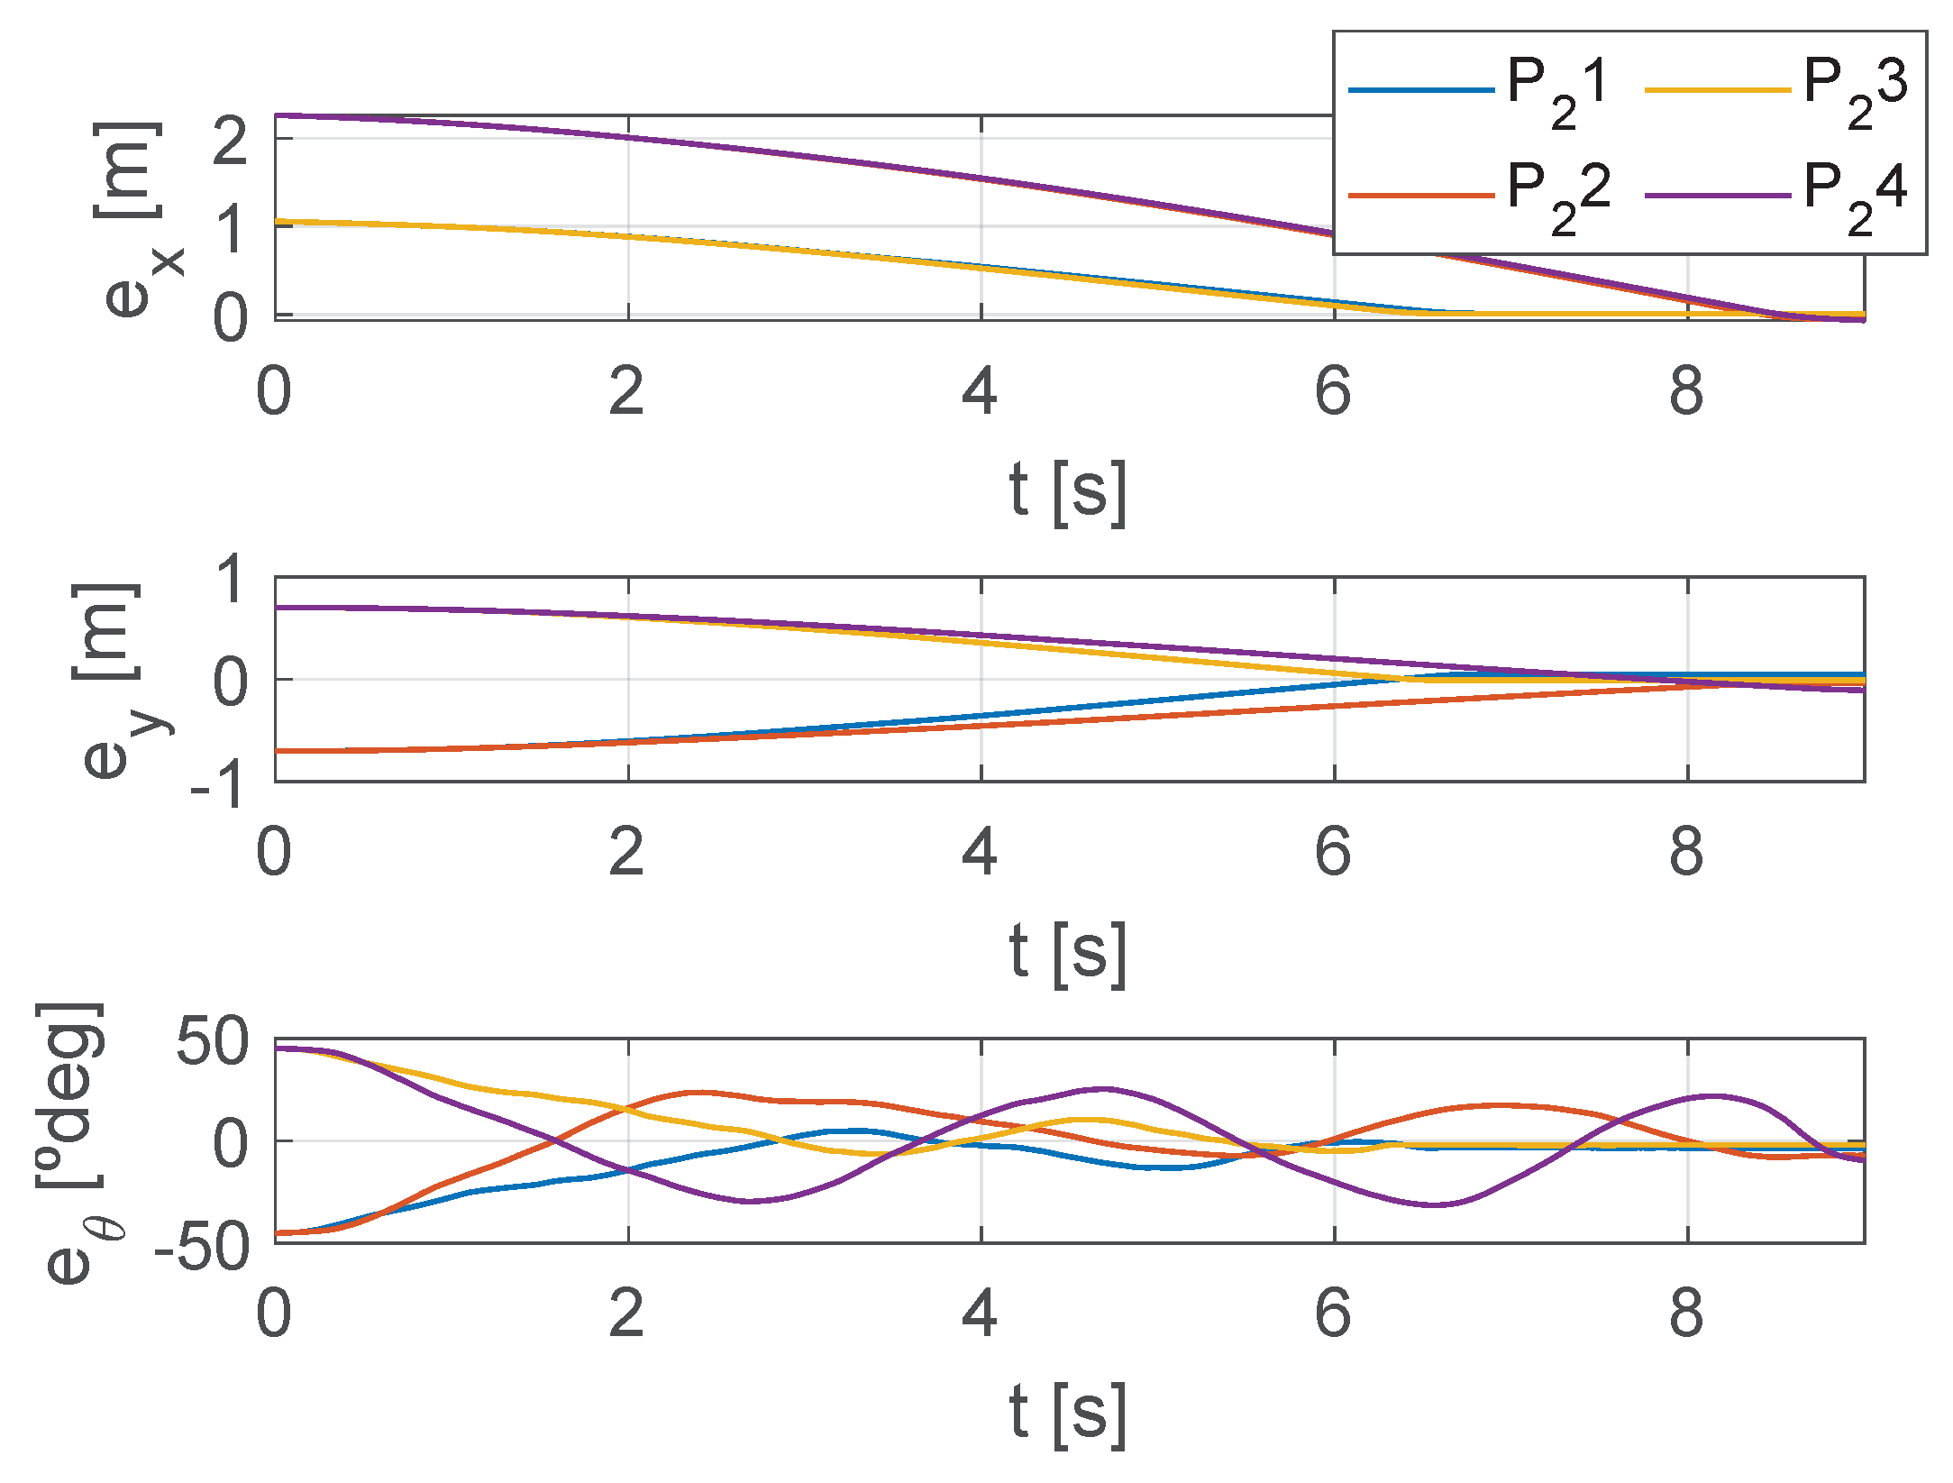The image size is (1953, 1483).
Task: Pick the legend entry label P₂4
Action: [x=1854, y=194]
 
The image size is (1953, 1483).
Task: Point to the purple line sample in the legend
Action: [x=1717, y=195]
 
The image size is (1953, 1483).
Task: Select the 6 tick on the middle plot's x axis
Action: [x=1333, y=852]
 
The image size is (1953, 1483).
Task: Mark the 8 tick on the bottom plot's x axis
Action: [x=1686, y=1314]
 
